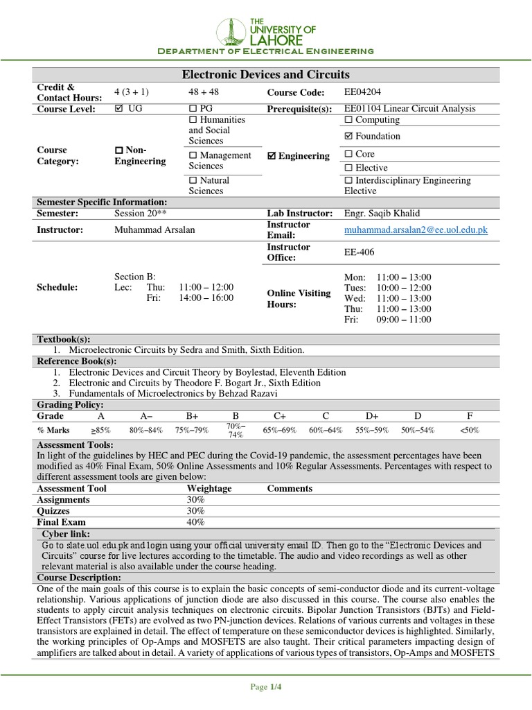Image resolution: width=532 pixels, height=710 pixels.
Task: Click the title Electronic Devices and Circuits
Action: point(265,74)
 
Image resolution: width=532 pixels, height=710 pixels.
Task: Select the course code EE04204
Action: point(363,92)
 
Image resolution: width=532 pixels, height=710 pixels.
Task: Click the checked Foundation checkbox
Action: point(348,137)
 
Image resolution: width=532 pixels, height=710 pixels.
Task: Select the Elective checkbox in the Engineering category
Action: point(348,168)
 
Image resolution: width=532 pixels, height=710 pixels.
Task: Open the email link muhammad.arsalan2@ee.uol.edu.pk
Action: point(416,230)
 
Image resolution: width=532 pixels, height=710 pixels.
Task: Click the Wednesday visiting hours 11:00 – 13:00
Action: point(403,298)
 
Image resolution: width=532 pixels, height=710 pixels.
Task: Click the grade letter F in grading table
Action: point(469,416)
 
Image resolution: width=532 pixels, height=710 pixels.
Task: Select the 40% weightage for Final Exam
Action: point(195,522)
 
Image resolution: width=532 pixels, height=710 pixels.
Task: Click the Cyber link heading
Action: point(66,534)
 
